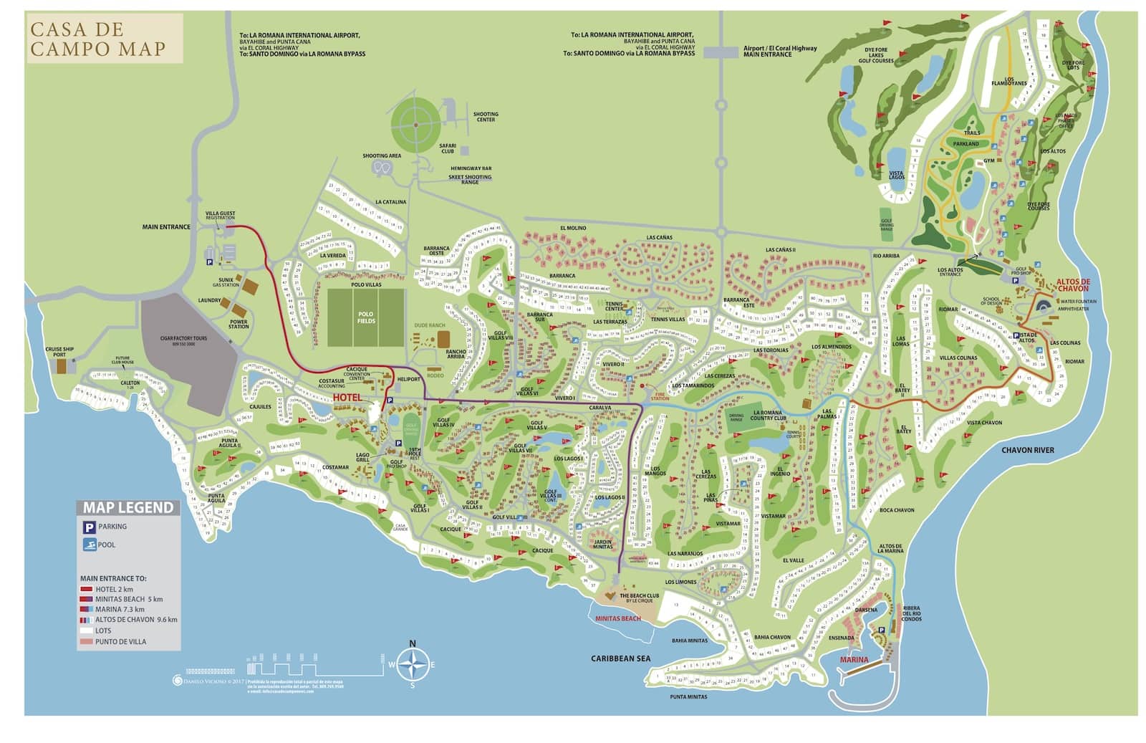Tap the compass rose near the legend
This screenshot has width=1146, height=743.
coord(412,663)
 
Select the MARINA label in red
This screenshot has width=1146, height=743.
coord(854,659)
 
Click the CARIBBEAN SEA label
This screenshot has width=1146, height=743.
coord(620,658)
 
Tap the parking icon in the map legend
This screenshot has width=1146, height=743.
coord(88,527)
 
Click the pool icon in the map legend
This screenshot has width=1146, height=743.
coord(88,545)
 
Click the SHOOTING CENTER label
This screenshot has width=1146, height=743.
coord(486,117)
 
